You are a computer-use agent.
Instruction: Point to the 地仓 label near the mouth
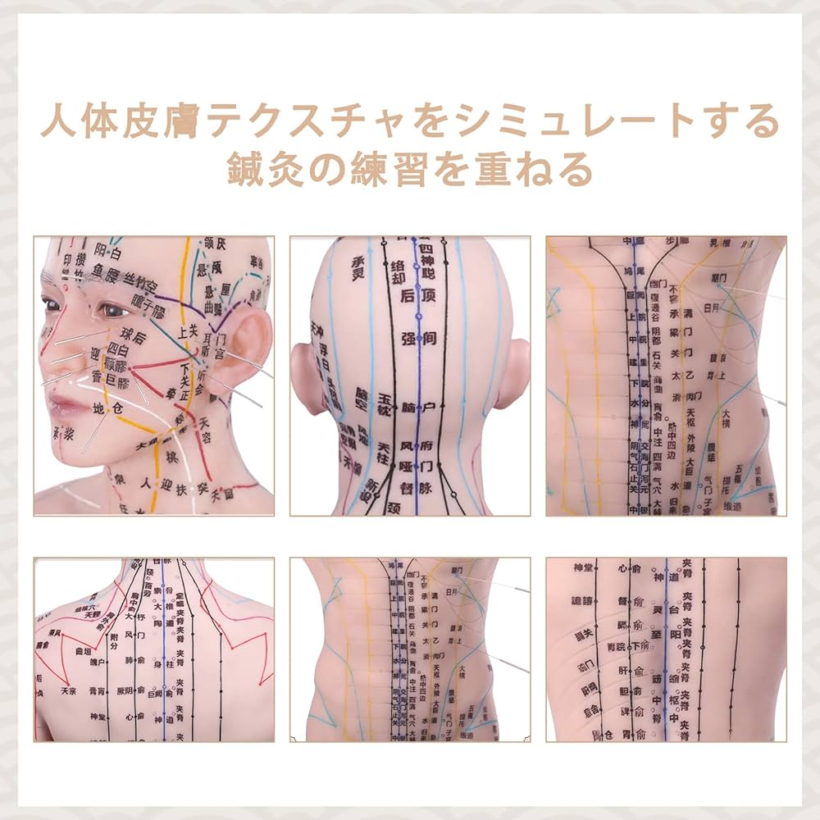[109, 408]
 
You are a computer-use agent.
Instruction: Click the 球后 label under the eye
[134, 335]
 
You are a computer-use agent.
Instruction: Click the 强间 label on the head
[417, 337]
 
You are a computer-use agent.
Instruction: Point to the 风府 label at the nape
[417, 447]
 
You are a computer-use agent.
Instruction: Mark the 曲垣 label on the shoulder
[81, 650]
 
